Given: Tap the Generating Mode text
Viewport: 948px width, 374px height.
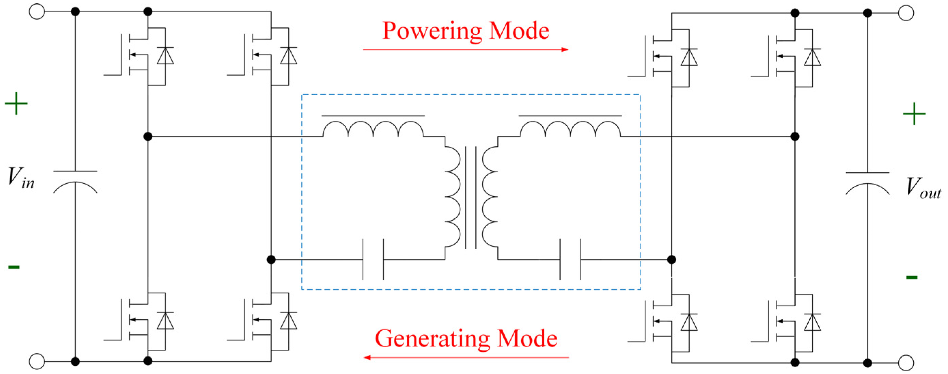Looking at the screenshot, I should point(465,338).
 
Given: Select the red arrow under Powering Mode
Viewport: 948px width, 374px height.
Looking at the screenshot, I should point(465,49).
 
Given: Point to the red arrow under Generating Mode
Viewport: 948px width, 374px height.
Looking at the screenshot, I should point(465,357).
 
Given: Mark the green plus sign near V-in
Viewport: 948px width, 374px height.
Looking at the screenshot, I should point(16,104).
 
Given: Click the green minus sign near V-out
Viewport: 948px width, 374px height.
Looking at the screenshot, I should point(911,277).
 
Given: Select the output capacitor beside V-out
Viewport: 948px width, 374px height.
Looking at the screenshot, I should point(867,183).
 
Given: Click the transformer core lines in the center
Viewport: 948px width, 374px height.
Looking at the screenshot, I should point(471,198).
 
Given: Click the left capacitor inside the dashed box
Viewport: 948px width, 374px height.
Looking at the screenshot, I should point(373,259).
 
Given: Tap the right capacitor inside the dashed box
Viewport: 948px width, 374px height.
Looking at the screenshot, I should point(570,259).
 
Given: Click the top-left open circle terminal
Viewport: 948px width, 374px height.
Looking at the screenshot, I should point(37,11).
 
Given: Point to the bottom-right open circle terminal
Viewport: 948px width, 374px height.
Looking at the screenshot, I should point(906,363).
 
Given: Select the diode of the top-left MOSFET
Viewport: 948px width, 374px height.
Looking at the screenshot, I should point(165,56).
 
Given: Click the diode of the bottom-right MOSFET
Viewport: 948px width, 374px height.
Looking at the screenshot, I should point(812,322).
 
